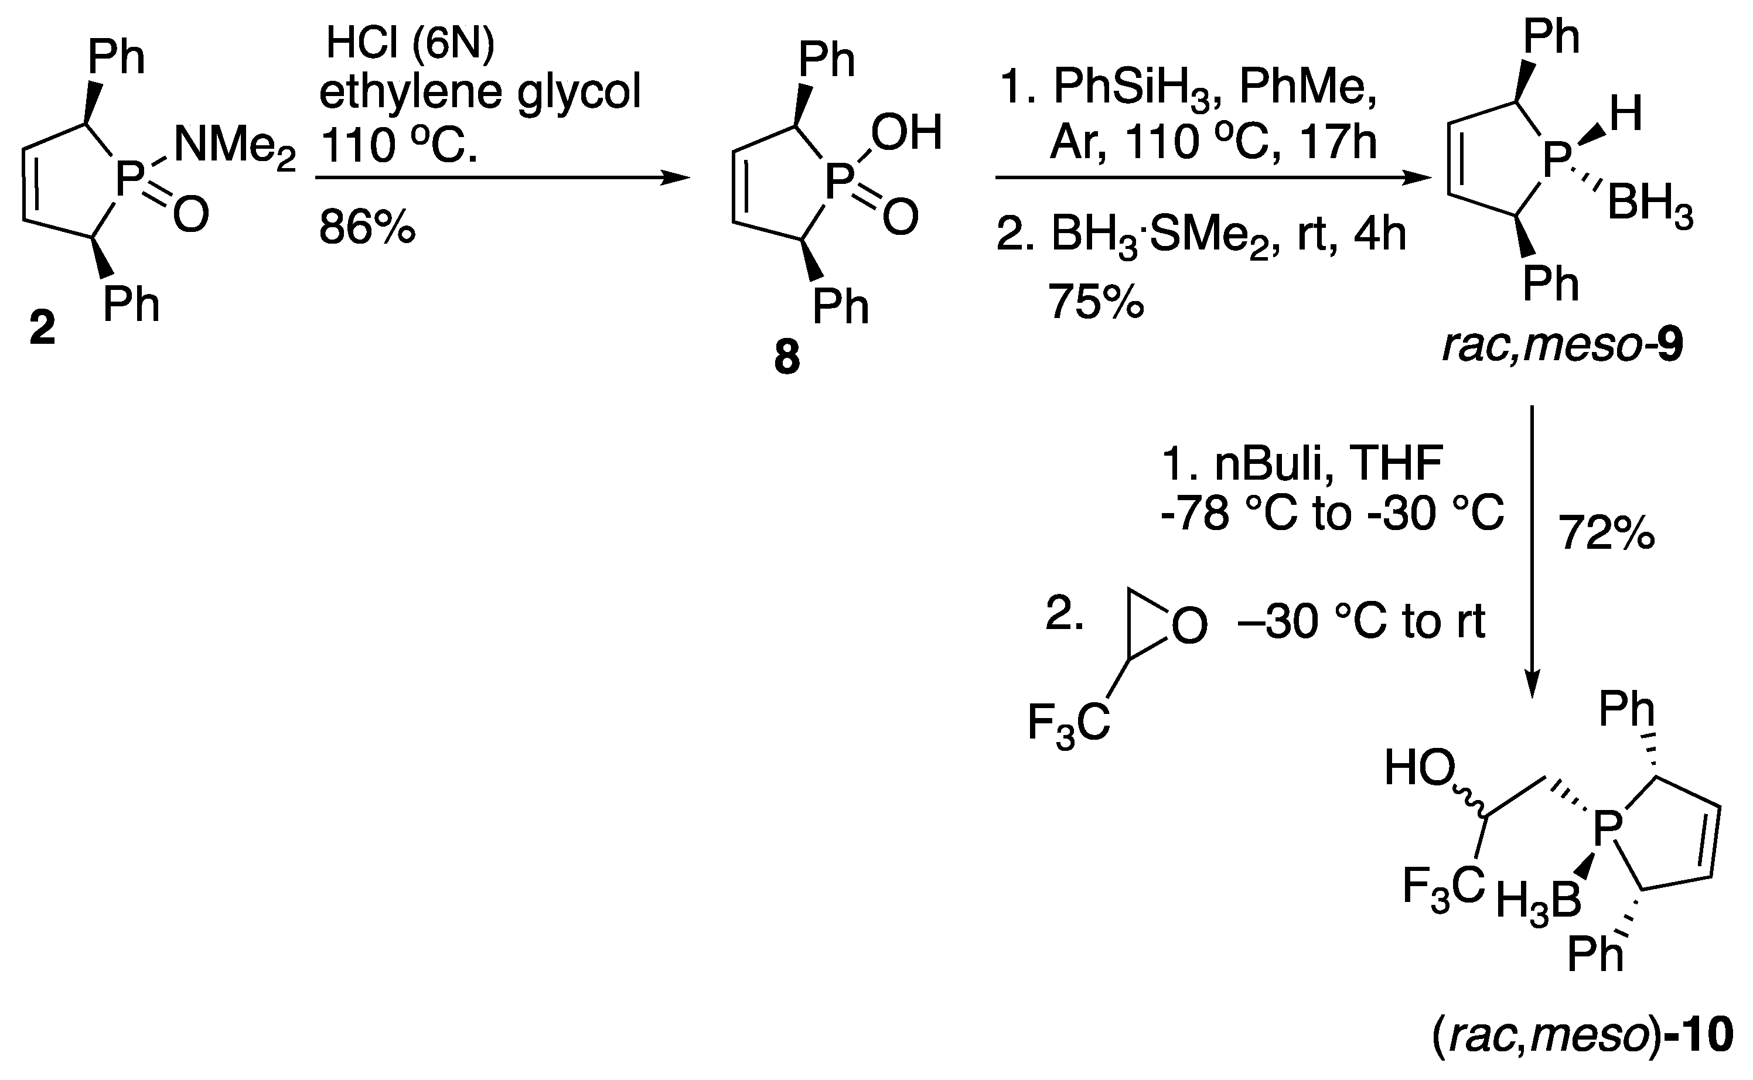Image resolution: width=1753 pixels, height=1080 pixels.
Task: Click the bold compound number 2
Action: (x=43, y=329)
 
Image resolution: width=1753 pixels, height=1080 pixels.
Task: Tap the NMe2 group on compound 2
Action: (x=234, y=146)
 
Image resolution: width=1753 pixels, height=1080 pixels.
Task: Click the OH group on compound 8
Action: (x=906, y=133)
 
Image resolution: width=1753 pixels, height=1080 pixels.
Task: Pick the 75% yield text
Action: (x=1095, y=302)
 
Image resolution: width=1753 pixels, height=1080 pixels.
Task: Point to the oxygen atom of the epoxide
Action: (x=1189, y=627)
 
